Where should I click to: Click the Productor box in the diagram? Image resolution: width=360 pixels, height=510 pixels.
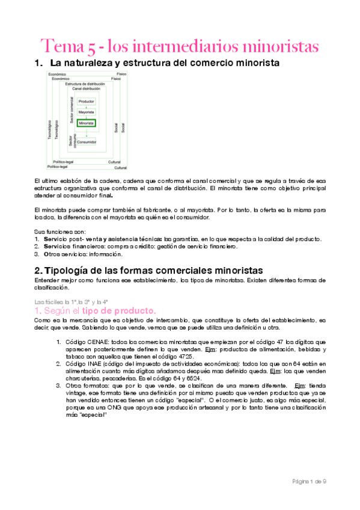tap(87, 102)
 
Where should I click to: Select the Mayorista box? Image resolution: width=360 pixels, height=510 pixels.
tap(87, 112)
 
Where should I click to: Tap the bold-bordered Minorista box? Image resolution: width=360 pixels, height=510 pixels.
tap(87, 123)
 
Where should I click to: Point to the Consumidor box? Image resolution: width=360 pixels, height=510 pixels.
tap(87, 143)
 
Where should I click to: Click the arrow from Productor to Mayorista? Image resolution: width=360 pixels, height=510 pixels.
tap(87, 107)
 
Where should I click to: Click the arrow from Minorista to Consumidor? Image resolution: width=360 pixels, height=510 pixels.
tap(87, 133)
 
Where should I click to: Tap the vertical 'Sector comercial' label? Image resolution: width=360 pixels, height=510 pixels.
tap(71, 111)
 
